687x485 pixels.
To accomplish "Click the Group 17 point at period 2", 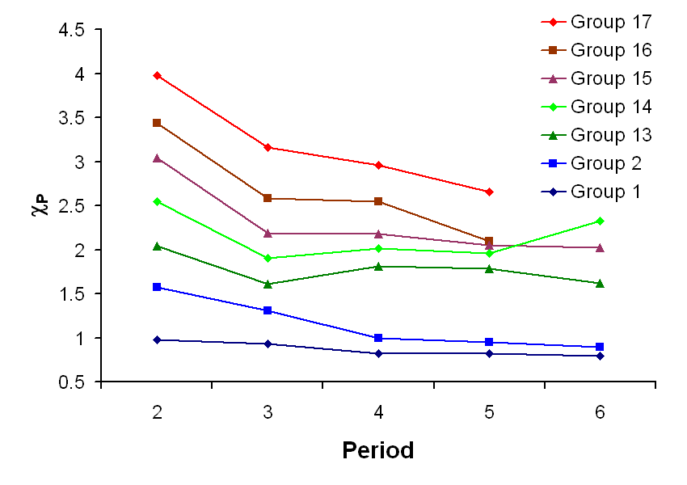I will (x=157, y=75).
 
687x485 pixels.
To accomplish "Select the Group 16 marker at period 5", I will (x=489, y=241).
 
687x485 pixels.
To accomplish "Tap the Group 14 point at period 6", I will (x=600, y=221).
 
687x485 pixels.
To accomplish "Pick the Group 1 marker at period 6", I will (x=600, y=356).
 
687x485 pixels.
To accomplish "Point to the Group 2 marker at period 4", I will (x=378, y=338).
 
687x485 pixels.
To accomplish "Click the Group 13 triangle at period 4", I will (x=378, y=266).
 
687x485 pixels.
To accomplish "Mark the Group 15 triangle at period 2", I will (x=157, y=158).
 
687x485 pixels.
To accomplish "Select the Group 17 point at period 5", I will (x=489, y=192).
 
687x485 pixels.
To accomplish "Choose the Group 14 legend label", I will (x=610, y=107).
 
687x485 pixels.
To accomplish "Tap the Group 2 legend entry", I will (x=605, y=163).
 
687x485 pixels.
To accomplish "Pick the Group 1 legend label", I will (x=605, y=192).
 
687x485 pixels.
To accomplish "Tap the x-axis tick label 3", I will (x=268, y=411).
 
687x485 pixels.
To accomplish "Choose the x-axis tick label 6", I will (x=600, y=411).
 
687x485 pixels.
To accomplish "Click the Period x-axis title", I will (x=377, y=450).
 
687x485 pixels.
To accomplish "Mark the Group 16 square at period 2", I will (x=157, y=123).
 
